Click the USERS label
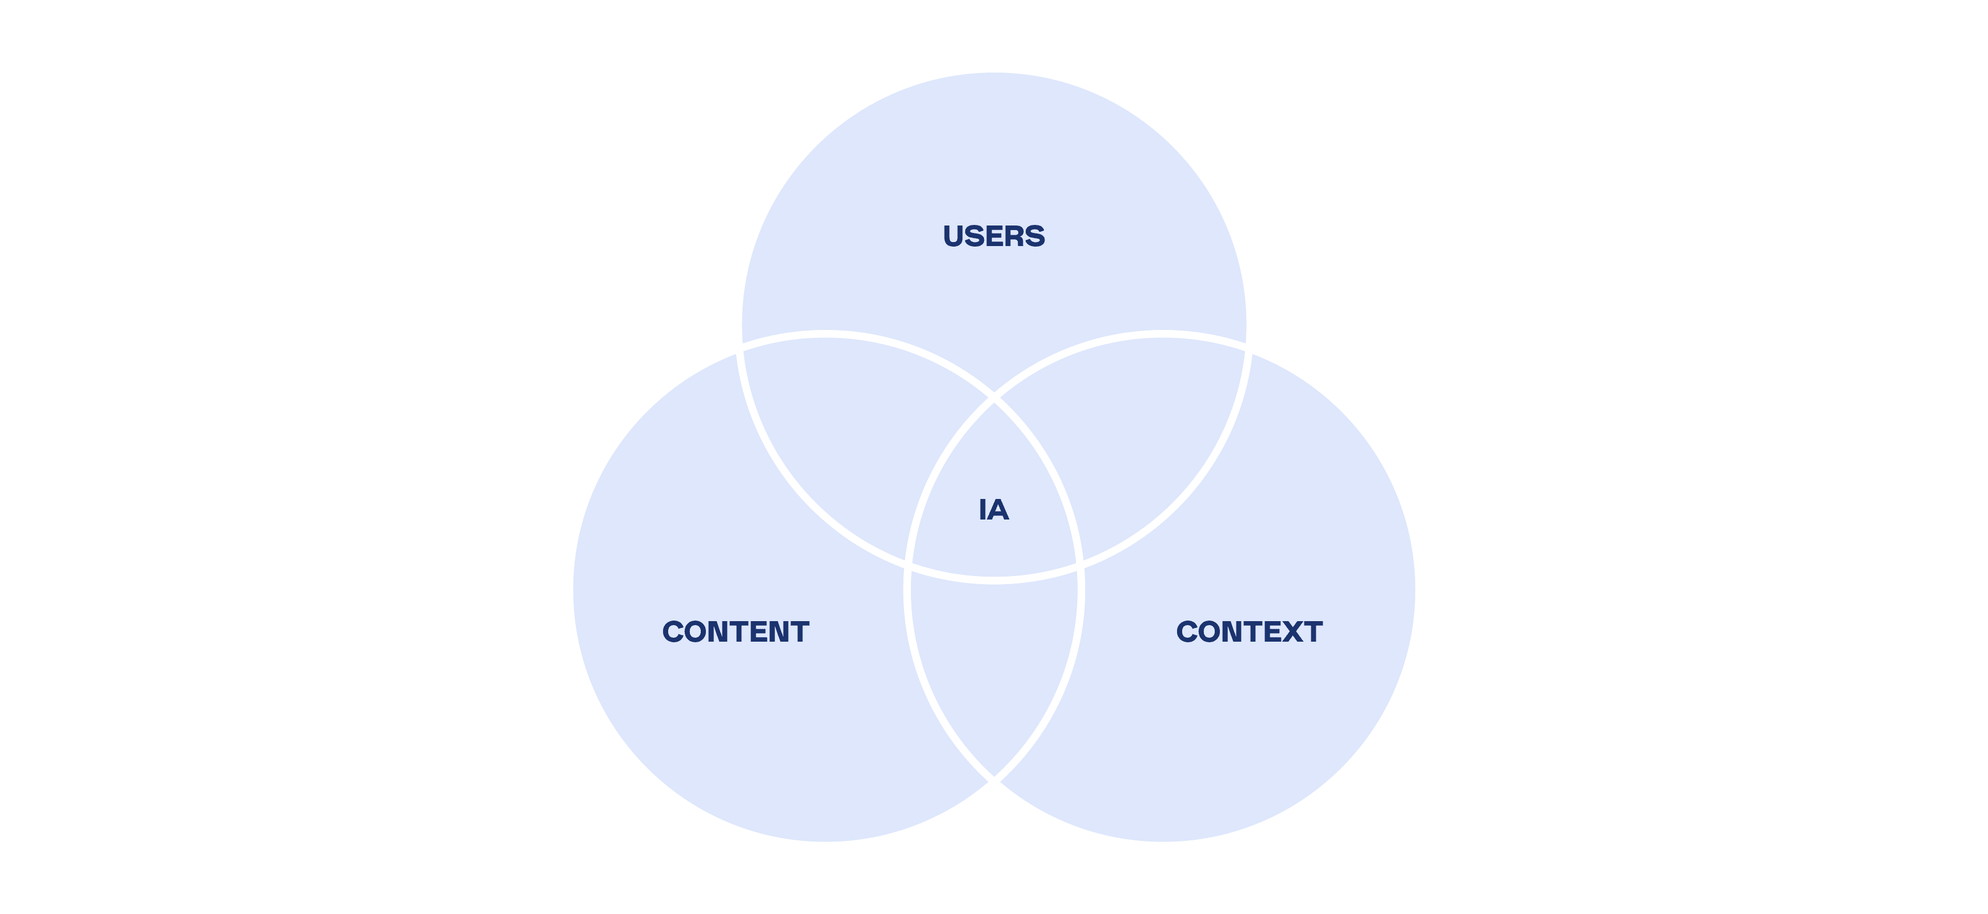point(994,236)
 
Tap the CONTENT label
point(736,632)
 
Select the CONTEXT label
point(1248,632)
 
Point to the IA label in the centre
point(994,510)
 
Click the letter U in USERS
point(954,236)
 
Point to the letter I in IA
point(982,510)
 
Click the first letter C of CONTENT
point(674,632)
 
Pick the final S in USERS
point(1035,236)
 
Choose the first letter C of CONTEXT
point(1188,632)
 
